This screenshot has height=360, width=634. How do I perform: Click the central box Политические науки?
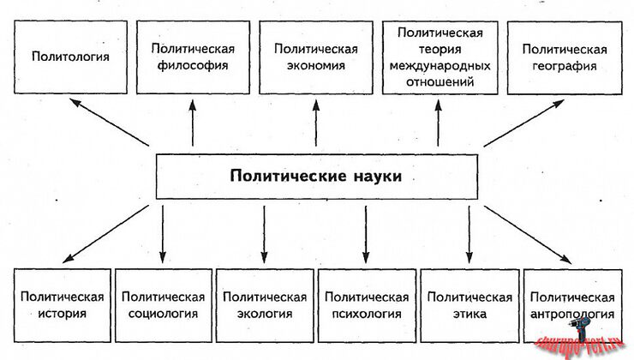coord(315,177)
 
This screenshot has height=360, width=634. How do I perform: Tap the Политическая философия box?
coord(193,58)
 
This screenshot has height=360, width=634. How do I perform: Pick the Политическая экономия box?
coord(315,58)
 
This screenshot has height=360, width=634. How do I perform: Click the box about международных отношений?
coord(440,58)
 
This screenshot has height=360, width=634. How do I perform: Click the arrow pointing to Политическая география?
coord(523,122)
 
